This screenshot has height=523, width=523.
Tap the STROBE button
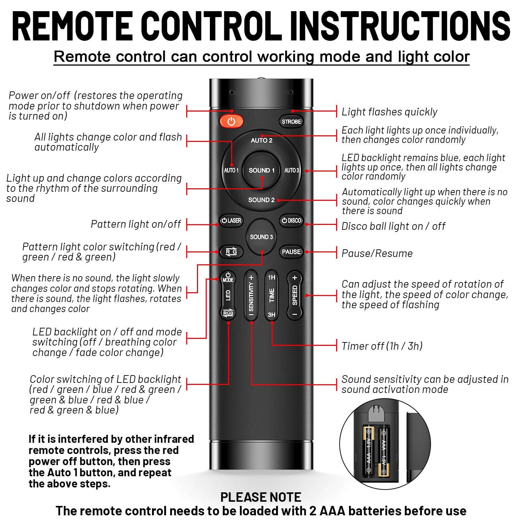pyautogui.click(x=291, y=122)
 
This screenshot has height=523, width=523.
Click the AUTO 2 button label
pyautogui.click(x=261, y=141)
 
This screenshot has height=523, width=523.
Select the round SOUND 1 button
pyautogui.click(x=261, y=170)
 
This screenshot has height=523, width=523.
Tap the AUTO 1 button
pyautogui.click(x=231, y=170)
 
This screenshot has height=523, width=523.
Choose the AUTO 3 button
pyautogui.click(x=291, y=170)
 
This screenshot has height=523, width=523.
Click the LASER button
pyautogui.click(x=231, y=221)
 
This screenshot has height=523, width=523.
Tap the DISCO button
pyautogui.click(x=291, y=221)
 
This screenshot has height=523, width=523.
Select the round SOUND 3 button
pyautogui.click(x=261, y=237)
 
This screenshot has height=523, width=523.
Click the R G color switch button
pyautogui.click(x=231, y=252)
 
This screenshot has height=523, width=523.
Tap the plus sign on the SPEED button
pyautogui.click(x=295, y=278)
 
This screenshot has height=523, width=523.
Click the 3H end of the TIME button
pyautogui.click(x=272, y=314)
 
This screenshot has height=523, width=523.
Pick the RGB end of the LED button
pyautogui.click(x=228, y=313)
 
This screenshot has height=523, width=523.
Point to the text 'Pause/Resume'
pyautogui.click(x=377, y=253)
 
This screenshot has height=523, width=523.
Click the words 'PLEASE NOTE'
pyautogui.click(x=261, y=497)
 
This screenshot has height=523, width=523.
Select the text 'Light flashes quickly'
pyautogui.click(x=389, y=112)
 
